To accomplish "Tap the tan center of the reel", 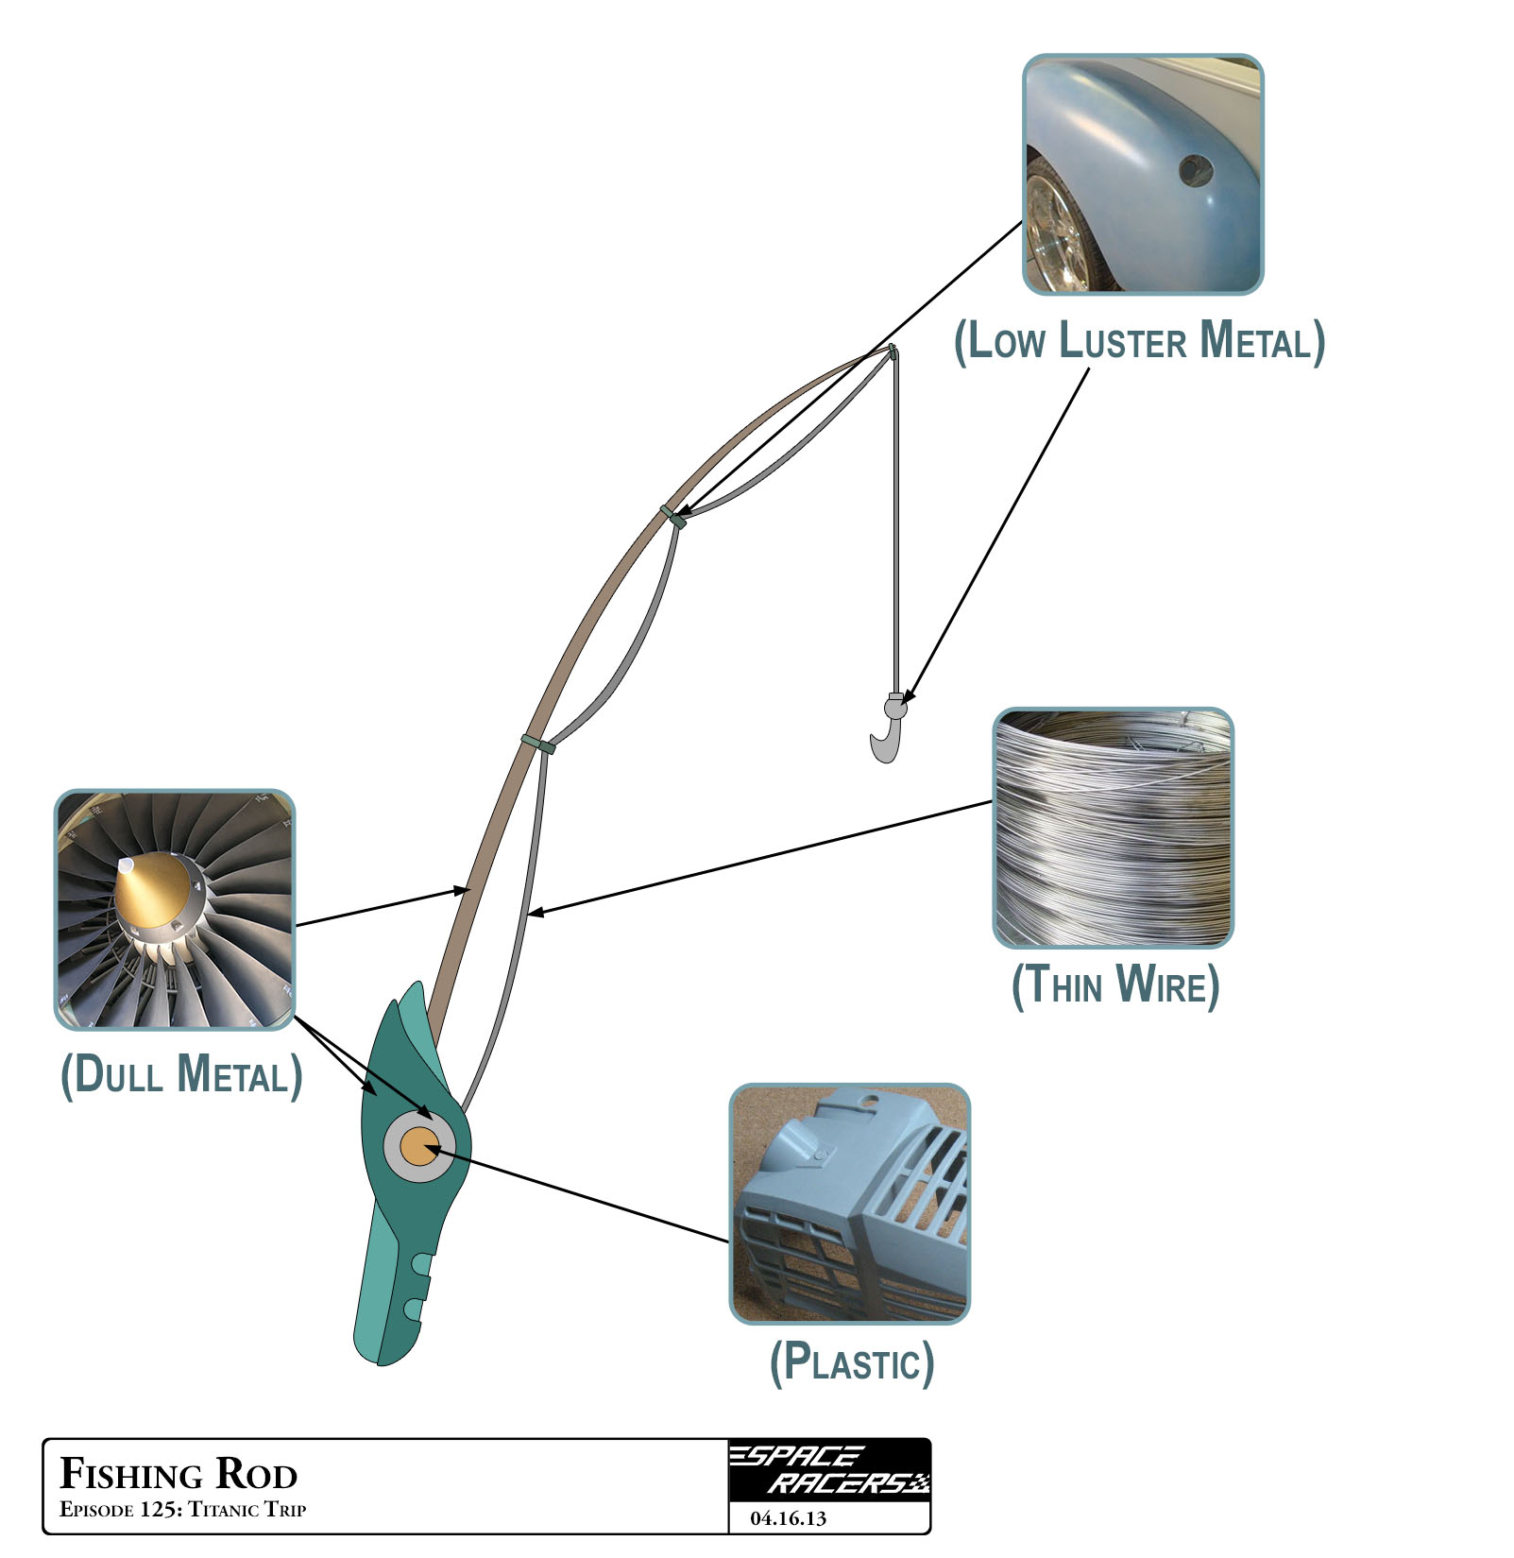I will [x=417, y=1147].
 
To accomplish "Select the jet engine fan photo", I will [x=175, y=910].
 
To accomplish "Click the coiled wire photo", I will [x=1114, y=828].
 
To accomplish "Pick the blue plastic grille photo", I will [x=850, y=1204].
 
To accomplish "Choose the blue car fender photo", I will [x=1143, y=175].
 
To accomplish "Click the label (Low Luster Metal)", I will [x=1139, y=342].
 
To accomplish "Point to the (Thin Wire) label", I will [x=1115, y=985].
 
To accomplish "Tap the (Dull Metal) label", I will [x=181, y=1075].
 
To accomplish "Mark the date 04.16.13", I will [x=788, y=1518].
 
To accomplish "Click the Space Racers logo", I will [x=829, y=1470].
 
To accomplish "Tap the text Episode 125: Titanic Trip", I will [x=182, y=1509].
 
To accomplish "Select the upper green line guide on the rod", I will [x=672, y=516].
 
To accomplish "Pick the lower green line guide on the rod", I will [x=538, y=745].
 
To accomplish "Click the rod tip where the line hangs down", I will [x=892, y=353].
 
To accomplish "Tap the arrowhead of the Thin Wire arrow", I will [x=535, y=913].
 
